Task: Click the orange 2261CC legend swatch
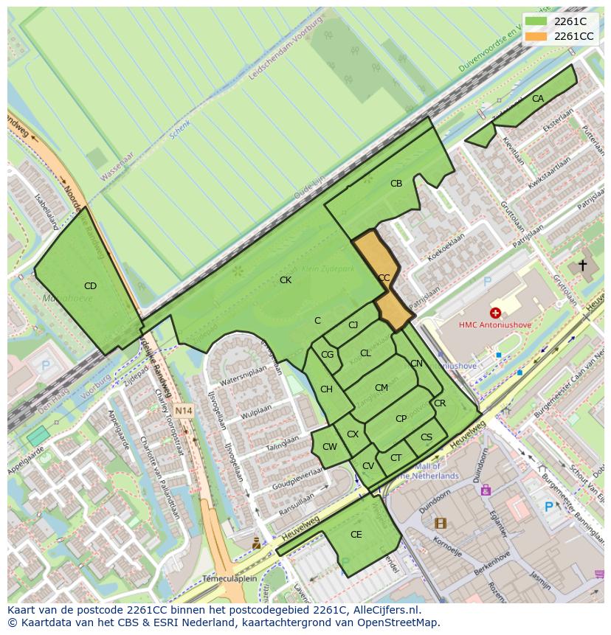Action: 536,36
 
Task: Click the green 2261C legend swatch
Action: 536,21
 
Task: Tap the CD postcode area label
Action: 90,286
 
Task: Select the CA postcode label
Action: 538,99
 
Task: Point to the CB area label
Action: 396,184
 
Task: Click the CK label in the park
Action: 286,280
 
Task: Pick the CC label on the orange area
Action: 384,278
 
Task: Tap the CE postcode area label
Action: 356,535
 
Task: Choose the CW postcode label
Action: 330,447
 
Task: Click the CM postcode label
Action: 382,388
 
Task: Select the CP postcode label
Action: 401,419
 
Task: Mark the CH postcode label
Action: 326,389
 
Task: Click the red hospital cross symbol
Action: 495,313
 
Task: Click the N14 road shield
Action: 183,410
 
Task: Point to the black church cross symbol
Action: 582,265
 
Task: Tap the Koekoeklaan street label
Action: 446,247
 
